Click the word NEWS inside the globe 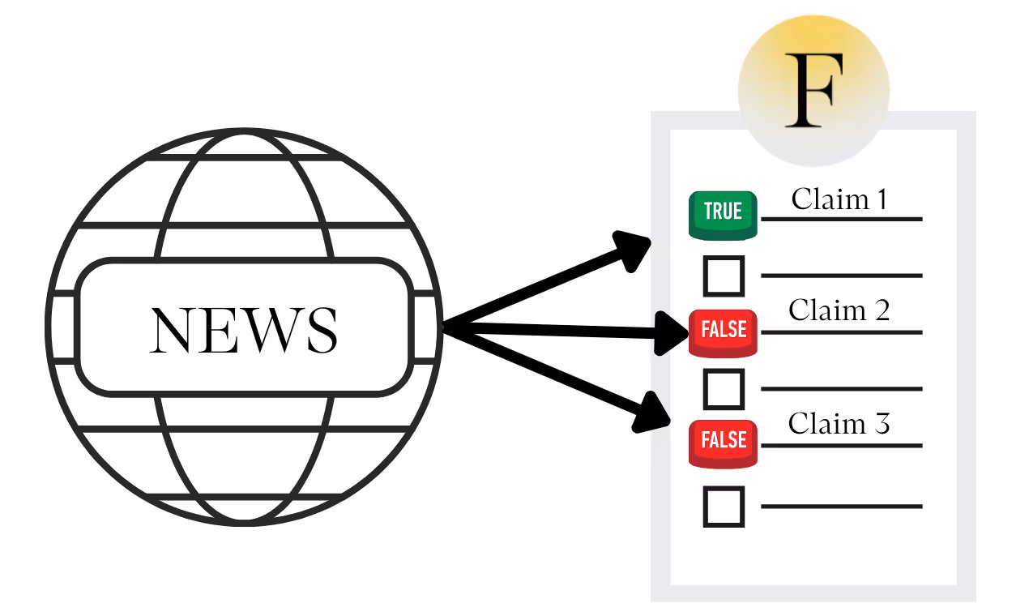pyautogui.click(x=243, y=330)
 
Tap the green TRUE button pyautogui.click(x=723, y=214)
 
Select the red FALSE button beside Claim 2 pyautogui.click(x=723, y=332)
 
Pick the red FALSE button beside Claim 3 pyautogui.click(x=723, y=443)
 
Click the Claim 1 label pyautogui.click(x=839, y=199)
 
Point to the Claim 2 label pyautogui.click(x=839, y=310)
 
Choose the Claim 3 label pyautogui.click(x=839, y=424)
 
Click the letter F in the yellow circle pyautogui.click(x=814, y=90)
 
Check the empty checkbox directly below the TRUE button pyautogui.click(x=724, y=276)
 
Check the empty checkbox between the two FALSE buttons pyautogui.click(x=724, y=388)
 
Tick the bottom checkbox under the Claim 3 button pyautogui.click(x=724, y=507)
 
